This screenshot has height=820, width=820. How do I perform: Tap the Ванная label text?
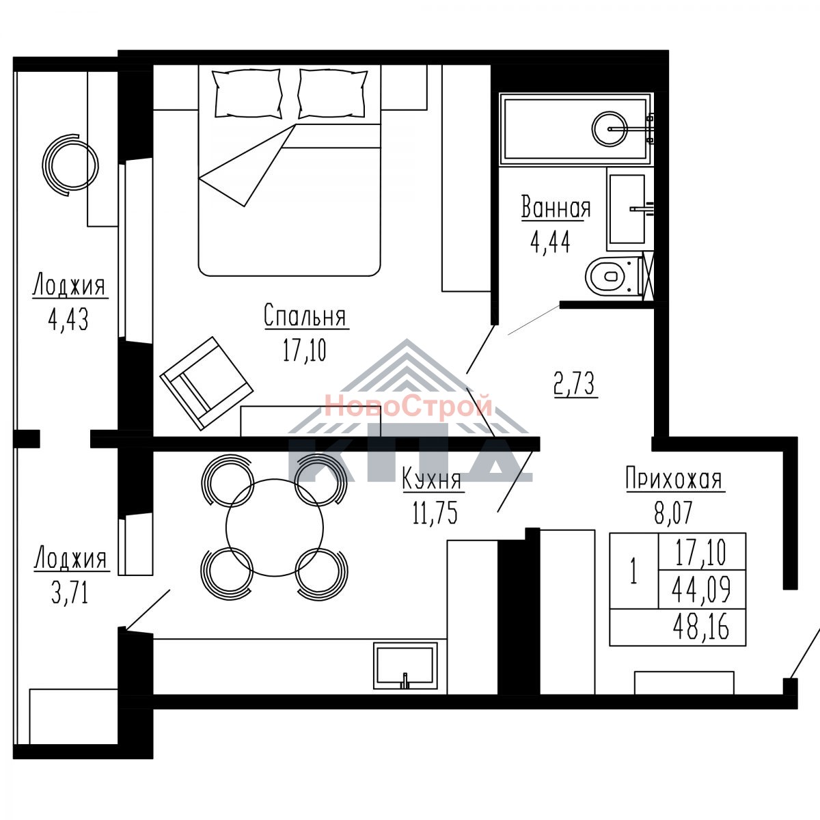pos(556,208)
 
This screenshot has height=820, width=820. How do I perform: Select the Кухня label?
pos(432,480)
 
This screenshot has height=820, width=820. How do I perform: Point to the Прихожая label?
pos(674,480)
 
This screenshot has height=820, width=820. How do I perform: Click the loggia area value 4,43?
pos(68,320)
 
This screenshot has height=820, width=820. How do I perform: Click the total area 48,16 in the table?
pos(701,627)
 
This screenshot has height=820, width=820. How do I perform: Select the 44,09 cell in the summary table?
pos(701,590)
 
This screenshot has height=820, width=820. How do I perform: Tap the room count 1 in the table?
pos(634,573)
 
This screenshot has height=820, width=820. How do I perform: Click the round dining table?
pos(275,528)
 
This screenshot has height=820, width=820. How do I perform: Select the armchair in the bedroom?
pos(206,383)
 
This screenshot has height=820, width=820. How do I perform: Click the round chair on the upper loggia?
pos(70,165)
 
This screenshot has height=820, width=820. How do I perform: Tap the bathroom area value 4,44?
pos(550,243)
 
